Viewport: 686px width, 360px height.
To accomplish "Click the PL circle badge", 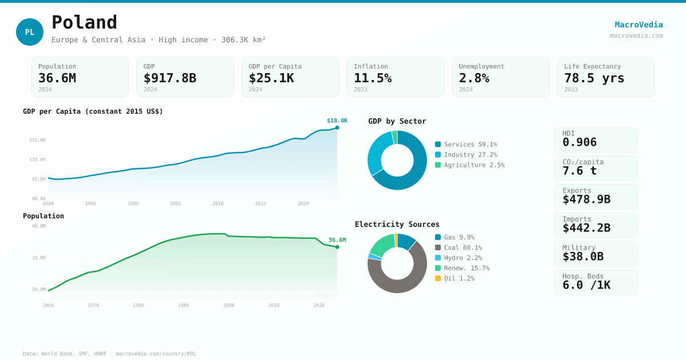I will (x=30, y=32).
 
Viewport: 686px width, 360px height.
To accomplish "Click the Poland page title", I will (x=85, y=22).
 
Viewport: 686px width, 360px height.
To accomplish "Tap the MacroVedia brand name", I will (x=639, y=25).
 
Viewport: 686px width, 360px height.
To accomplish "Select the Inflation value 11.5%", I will (x=373, y=78).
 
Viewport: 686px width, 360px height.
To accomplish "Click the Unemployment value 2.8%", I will (x=474, y=78).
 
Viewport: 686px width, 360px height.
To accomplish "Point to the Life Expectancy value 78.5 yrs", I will (x=594, y=78).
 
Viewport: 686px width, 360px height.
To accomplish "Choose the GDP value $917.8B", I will (x=170, y=78).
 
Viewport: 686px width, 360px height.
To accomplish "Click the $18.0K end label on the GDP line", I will (x=337, y=121).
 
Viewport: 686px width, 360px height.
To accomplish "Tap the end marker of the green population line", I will (x=337, y=247).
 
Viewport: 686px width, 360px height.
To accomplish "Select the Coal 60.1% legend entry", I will (x=462, y=247).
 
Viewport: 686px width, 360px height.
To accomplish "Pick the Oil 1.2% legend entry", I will (x=458, y=278).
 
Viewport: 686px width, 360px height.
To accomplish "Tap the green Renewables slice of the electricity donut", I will (x=382, y=244).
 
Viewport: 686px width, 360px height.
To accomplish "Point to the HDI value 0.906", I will (x=580, y=142).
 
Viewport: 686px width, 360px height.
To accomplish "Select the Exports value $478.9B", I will (x=587, y=199).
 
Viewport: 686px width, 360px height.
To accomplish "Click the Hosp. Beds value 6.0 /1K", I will (x=587, y=285).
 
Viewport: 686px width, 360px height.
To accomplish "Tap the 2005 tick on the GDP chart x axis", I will (x=176, y=203).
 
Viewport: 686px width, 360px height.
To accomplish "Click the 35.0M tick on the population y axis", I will (x=39, y=258).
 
